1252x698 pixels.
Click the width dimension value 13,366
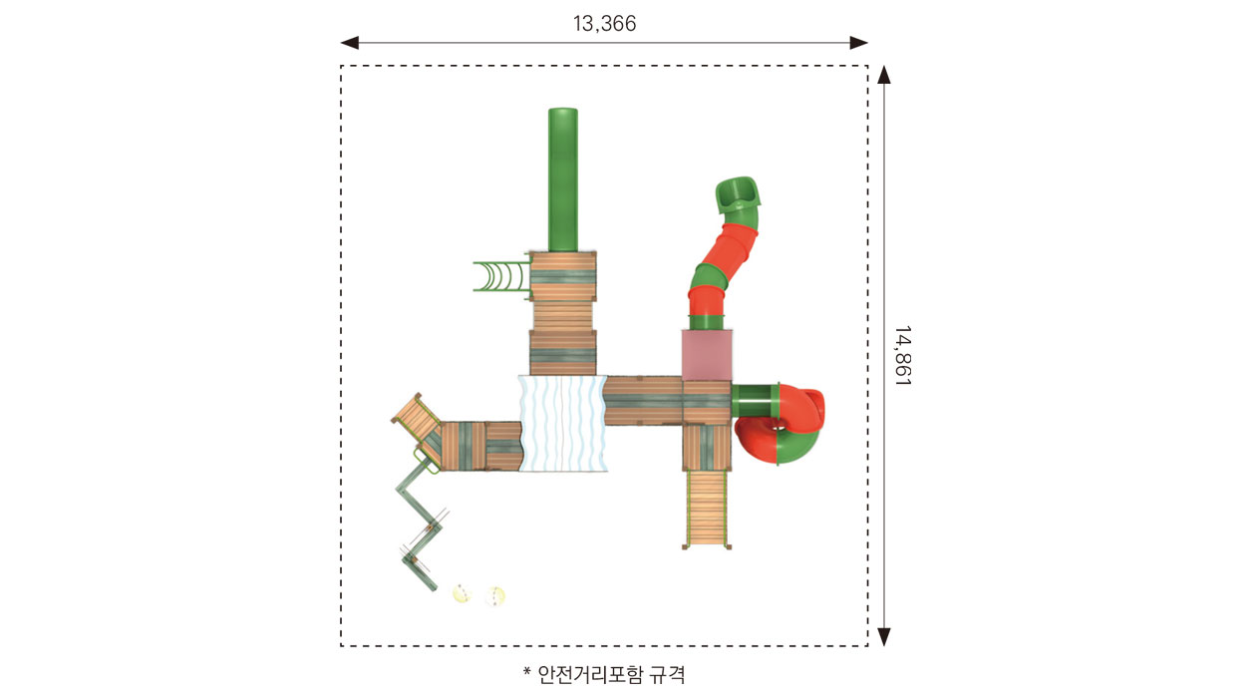[604, 24]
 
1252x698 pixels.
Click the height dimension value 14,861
[903, 355]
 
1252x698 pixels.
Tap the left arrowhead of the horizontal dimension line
[350, 43]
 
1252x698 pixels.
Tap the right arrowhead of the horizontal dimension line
[858, 43]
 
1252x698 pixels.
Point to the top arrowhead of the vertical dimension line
[883, 75]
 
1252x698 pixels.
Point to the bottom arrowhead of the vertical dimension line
[883, 637]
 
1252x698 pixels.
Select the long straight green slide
[563, 179]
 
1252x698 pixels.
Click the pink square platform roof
[707, 355]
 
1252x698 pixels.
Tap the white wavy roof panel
[562, 423]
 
